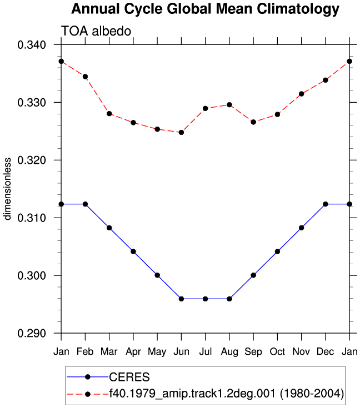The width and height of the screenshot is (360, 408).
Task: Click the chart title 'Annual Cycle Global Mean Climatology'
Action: [205, 9]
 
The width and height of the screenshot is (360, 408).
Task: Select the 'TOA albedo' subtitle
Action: [96, 31]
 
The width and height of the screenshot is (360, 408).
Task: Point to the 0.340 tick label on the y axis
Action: [32, 45]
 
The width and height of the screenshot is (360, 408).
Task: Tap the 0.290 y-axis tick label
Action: [32, 333]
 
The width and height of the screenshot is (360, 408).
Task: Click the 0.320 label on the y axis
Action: [32, 160]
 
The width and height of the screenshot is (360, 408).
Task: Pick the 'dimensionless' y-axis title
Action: [7, 189]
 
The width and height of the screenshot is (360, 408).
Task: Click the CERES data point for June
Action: [181, 299]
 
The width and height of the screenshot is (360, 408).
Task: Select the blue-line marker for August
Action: [229, 299]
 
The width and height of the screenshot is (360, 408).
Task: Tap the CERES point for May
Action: [157, 275]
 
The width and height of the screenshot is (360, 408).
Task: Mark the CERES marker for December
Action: [326, 204]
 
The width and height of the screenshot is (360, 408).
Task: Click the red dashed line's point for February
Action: [85, 77]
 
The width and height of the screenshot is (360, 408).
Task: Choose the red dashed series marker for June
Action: [181, 133]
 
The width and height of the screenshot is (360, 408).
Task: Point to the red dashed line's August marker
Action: [229, 105]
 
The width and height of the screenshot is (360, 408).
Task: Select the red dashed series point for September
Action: [253, 122]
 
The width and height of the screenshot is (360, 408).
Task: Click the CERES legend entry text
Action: [129, 377]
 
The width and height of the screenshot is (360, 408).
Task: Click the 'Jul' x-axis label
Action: [205, 351]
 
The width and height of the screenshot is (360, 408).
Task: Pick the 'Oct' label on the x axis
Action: [277, 351]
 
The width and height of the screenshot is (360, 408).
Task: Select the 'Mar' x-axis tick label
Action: [109, 351]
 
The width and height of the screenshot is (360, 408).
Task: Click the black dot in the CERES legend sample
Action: [88, 377]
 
